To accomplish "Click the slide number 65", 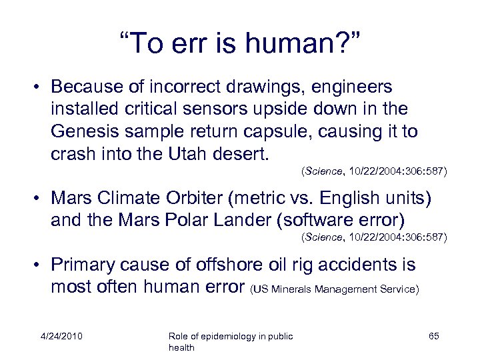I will click(433, 336).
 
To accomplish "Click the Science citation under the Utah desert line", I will click(374, 171).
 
